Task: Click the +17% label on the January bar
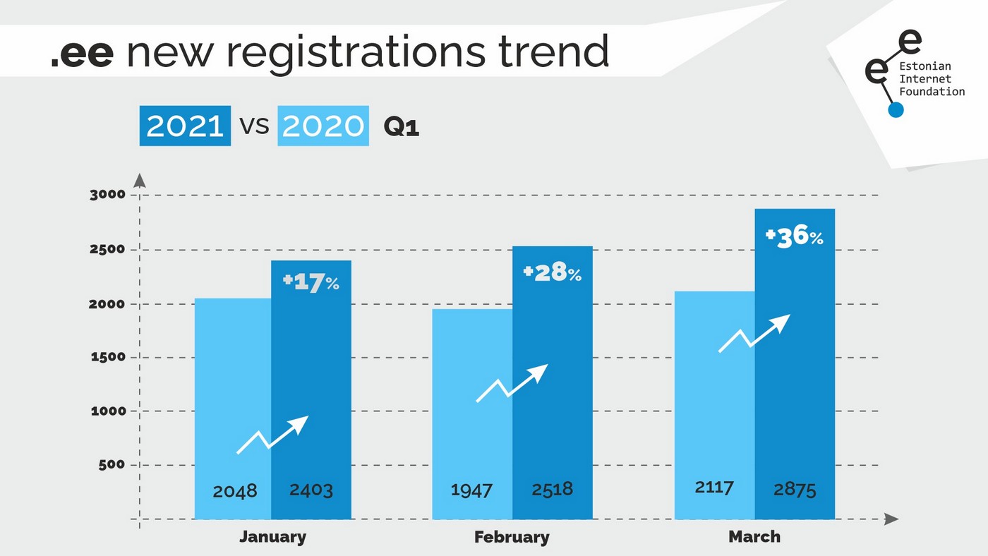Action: click(311, 283)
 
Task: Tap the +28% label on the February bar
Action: click(553, 273)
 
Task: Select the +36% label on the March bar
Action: click(795, 236)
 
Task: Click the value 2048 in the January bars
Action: click(235, 490)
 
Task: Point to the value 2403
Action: click(311, 490)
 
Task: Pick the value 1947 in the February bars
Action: click(471, 489)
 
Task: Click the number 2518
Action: click(552, 488)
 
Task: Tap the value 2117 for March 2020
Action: click(713, 487)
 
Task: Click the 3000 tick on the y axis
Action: click(107, 195)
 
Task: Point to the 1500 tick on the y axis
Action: click(107, 357)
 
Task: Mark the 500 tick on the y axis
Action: click(112, 465)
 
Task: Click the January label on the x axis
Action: click(272, 537)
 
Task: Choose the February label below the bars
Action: click(512, 538)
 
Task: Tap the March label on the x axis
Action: click(754, 537)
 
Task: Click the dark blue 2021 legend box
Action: click(185, 126)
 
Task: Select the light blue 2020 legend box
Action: click(323, 126)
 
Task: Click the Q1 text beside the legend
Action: click(401, 127)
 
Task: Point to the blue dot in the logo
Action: click(896, 109)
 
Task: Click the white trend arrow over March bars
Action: click(754, 333)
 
